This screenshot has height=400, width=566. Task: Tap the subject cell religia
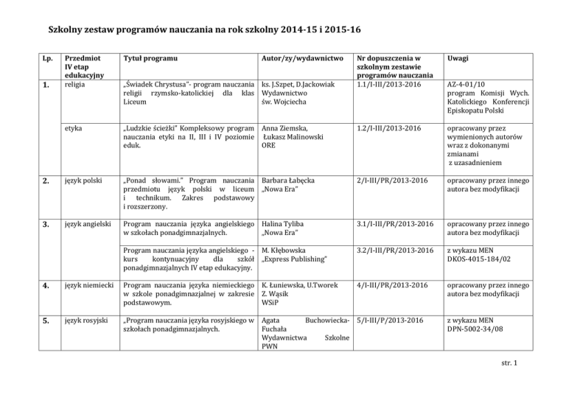tap(76, 85)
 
